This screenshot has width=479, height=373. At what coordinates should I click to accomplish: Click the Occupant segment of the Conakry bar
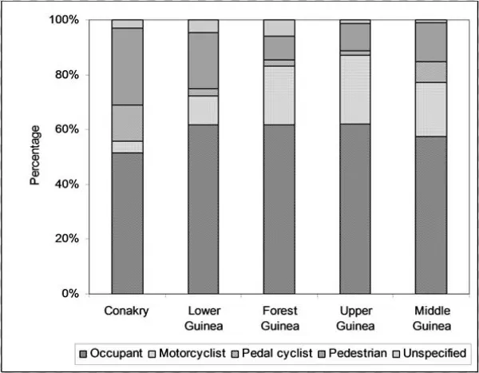click(127, 223)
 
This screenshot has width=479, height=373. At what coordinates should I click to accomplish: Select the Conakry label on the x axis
click(127, 309)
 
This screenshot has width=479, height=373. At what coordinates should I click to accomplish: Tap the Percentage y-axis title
click(35, 157)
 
